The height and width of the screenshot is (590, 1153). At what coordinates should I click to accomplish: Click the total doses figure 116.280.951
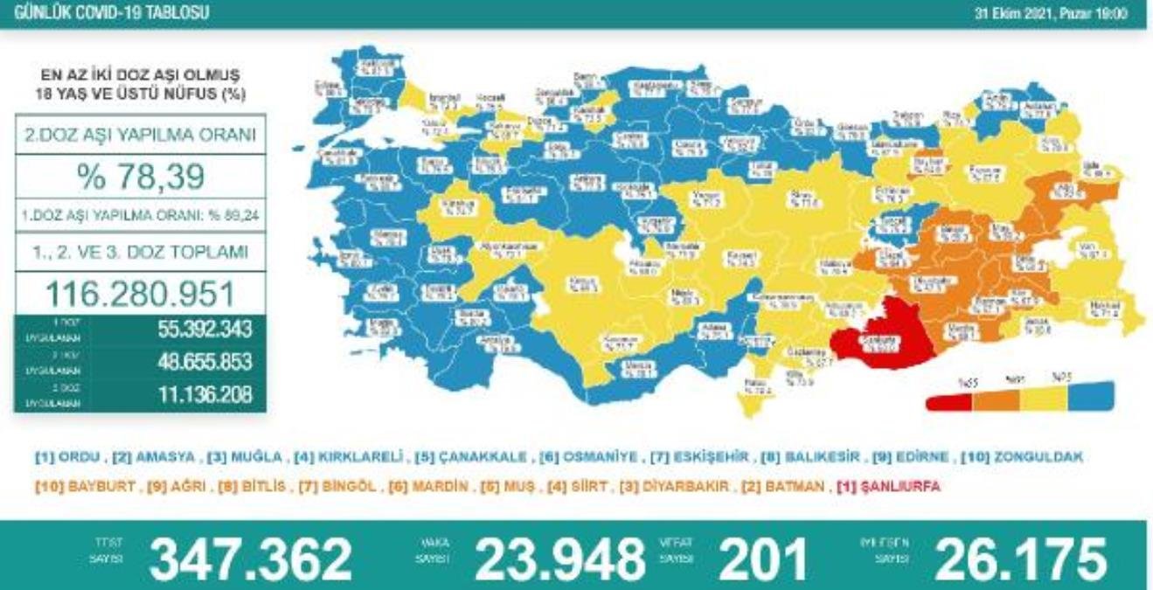[140, 292]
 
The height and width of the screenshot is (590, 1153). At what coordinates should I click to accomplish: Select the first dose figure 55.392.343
[193, 330]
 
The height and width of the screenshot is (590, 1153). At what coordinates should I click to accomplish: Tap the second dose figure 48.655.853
[193, 362]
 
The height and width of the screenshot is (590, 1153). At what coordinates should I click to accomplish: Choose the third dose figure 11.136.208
[193, 395]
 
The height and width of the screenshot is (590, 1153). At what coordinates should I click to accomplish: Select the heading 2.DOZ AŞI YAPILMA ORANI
[140, 135]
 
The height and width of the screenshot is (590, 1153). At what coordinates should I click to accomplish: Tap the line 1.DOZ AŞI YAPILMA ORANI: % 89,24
[140, 214]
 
